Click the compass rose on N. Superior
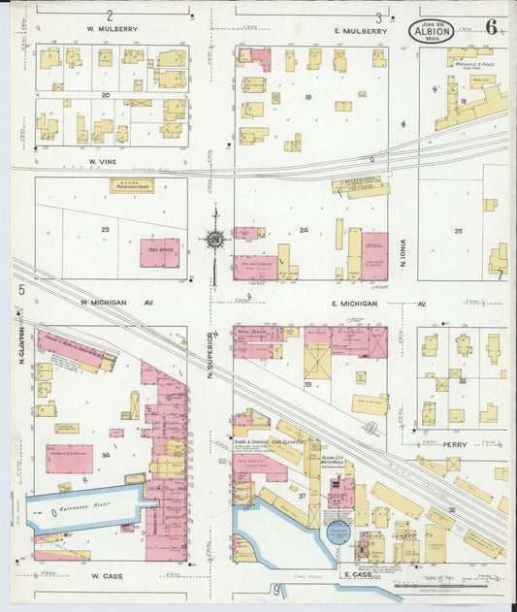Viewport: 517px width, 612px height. (x=214, y=238)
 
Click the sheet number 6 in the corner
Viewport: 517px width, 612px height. (x=492, y=27)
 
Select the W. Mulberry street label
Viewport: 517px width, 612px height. (x=112, y=29)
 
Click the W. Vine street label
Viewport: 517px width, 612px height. (x=103, y=161)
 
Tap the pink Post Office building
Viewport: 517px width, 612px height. (x=159, y=252)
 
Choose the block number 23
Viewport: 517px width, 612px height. (x=105, y=230)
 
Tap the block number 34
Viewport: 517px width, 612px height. (x=105, y=454)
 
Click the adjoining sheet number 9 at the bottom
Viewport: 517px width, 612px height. (x=275, y=588)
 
